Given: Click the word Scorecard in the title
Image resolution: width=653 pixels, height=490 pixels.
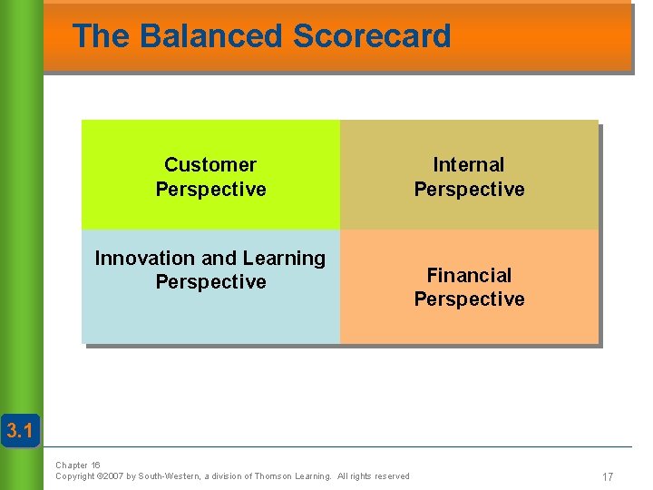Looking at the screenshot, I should (x=372, y=36).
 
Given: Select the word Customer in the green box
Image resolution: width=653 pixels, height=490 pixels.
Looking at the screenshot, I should (x=210, y=164).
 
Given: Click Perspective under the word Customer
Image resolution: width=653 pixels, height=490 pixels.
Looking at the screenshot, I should (x=210, y=189).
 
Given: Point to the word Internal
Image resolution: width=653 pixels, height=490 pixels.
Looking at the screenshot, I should (x=469, y=164).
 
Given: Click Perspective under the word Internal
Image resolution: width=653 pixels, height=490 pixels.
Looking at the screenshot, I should (x=469, y=189).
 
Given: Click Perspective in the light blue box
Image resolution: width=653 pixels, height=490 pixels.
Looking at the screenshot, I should (x=210, y=282).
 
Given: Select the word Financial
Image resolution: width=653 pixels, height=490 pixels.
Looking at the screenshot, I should (x=469, y=275).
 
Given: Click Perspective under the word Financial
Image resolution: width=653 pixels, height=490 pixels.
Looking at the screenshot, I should (x=469, y=299).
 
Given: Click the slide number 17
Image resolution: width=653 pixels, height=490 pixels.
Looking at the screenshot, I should (x=608, y=476).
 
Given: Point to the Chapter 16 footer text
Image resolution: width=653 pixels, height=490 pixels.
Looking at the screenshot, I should (x=78, y=465).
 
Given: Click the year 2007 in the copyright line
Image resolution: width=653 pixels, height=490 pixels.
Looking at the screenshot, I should (x=113, y=476).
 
